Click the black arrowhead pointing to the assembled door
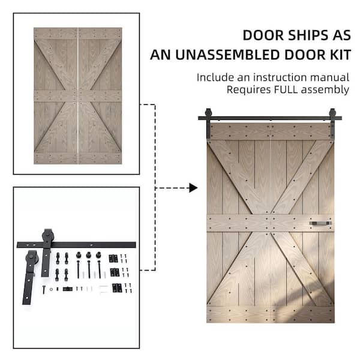[x=193, y=188]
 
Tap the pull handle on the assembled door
[x=320, y=223]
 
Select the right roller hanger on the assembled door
[x=332, y=123]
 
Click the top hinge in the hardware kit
[x=113, y=259]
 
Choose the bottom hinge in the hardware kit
[x=117, y=288]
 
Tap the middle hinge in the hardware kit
[x=115, y=272]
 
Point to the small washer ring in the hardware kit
[x=51, y=289]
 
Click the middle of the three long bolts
[x=89, y=265]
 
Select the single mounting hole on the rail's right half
[x=91, y=245]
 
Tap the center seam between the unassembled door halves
[x=78, y=96]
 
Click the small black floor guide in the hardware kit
[x=68, y=289]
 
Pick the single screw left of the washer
[x=44, y=289]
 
